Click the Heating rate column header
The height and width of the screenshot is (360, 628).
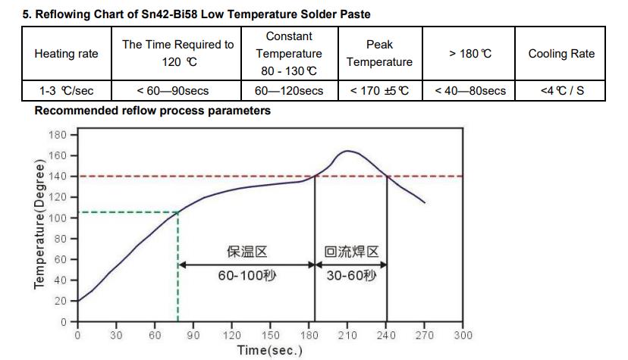66,54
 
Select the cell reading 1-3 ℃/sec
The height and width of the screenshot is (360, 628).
66,91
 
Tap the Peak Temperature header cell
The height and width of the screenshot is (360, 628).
379,54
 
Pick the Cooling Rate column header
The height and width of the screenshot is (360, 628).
561,54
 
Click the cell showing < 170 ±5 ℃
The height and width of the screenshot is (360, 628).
379,91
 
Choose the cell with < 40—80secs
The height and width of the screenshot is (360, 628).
470,91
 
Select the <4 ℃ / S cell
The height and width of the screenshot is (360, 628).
561,91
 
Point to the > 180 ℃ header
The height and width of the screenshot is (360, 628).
470,54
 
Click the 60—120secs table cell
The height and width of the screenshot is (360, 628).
289,91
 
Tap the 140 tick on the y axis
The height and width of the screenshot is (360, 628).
58,177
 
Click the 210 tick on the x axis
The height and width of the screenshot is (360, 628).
347,335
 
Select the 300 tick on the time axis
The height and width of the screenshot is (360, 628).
463,335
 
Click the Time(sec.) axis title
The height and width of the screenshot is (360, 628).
269,350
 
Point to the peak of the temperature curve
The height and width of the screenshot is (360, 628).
347,151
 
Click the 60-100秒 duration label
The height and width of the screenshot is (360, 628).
247,276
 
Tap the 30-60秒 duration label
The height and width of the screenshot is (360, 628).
350,276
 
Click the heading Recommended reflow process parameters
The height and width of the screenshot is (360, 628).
152,111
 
